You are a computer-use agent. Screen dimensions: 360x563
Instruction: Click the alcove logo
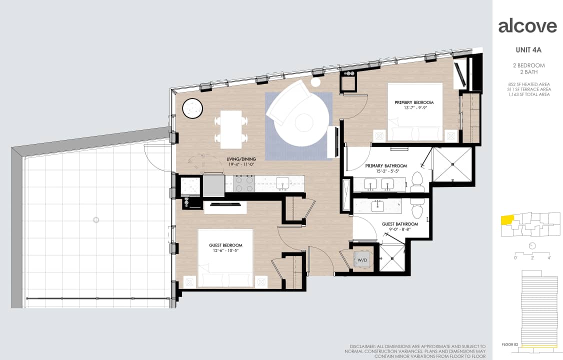pos(527,26)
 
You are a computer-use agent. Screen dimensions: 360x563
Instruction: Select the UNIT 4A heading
pos(528,50)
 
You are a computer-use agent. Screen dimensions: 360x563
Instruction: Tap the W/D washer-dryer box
pos(361,259)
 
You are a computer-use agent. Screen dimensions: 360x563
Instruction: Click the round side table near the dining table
pos(192,108)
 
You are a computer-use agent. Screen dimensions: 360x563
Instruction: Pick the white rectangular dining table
pos(231,129)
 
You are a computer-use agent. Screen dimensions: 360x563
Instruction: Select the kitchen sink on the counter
pos(282,183)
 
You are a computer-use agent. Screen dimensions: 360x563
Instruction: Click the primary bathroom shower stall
pos(452,164)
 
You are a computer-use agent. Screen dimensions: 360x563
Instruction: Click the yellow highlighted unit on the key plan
pos(507,220)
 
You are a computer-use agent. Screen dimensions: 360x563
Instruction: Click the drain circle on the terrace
pos(95,220)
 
